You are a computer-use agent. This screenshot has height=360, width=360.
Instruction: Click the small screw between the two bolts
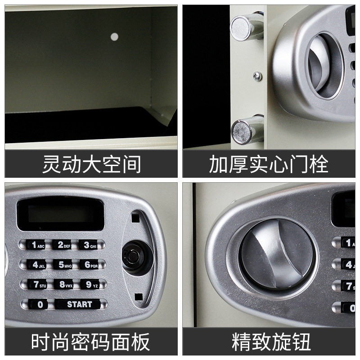(x=257, y=76)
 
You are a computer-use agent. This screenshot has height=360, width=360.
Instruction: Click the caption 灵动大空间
(x=91, y=164)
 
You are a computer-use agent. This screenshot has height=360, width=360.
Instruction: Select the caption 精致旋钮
(x=271, y=342)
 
